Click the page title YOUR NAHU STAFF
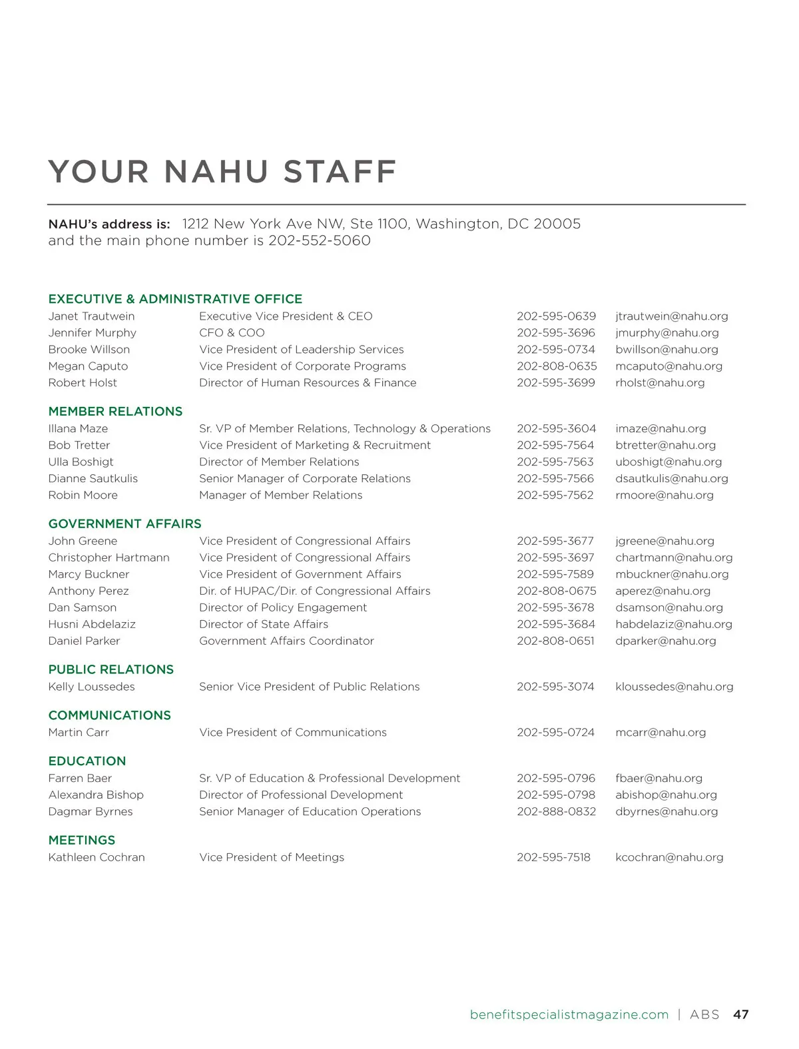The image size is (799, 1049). (x=222, y=171)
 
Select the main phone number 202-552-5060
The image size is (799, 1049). (x=320, y=240)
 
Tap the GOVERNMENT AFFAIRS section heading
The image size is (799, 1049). (x=125, y=524)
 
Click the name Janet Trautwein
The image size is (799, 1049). (x=91, y=316)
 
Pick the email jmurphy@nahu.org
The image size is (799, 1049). (x=666, y=333)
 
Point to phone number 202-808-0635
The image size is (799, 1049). (x=557, y=366)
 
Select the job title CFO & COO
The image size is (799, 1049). (x=232, y=333)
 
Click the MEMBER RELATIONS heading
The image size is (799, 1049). (x=115, y=412)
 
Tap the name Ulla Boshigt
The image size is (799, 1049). (x=81, y=462)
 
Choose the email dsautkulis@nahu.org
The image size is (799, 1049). (x=671, y=479)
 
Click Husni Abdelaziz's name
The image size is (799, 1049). (x=92, y=625)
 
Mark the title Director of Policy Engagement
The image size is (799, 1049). (x=283, y=608)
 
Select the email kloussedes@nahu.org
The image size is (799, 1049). (x=674, y=687)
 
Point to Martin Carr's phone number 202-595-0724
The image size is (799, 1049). (x=555, y=733)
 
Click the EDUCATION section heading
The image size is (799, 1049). (x=87, y=761)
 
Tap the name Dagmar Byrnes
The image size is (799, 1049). (x=91, y=812)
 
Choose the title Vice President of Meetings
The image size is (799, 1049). (x=272, y=858)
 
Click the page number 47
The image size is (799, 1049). (x=740, y=1015)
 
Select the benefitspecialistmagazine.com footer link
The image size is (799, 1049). (x=569, y=1015)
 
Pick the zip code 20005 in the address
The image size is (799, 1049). (x=557, y=224)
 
